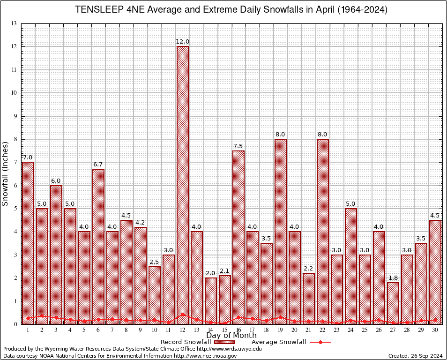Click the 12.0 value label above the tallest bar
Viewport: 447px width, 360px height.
point(182,42)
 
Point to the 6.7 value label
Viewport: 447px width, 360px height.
point(98,165)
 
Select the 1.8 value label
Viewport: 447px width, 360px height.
point(393,278)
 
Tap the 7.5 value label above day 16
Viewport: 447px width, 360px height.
point(238,146)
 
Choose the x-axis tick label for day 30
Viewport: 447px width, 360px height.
point(435,330)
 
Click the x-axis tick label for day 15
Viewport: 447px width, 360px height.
point(224,330)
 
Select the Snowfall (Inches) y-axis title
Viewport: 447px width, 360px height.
point(6,173)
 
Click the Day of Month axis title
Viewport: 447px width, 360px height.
point(231,336)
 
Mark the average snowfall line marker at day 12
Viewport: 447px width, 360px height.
point(182,315)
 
